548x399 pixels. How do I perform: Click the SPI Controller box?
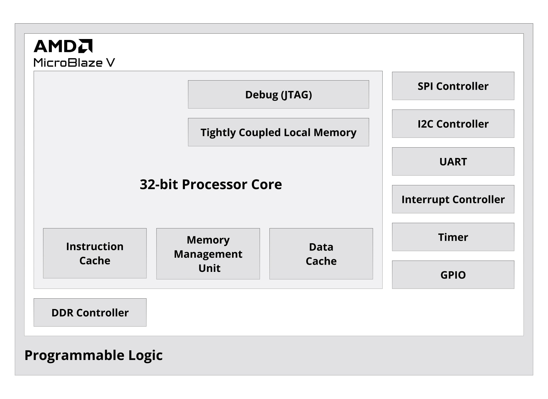click(x=453, y=86)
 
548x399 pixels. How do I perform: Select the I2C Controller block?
click(x=453, y=124)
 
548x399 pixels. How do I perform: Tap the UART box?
click(x=453, y=161)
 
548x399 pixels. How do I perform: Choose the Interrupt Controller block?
click(x=453, y=199)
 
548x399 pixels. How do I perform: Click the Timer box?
click(x=453, y=237)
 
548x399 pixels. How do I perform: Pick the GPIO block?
click(x=453, y=275)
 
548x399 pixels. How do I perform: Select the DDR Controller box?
click(x=90, y=312)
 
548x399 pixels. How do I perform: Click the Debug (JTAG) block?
click(x=278, y=94)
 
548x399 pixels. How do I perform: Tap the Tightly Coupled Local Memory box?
click(x=278, y=132)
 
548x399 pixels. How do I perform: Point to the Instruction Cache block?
click(x=95, y=253)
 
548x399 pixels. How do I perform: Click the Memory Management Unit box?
click(x=208, y=254)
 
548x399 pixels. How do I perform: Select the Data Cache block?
click(x=321, y=254)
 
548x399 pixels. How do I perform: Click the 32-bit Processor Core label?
click(x=211, y=184)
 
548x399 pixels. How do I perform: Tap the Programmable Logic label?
click(x=93, y=355)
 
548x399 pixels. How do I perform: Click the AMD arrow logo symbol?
click(x=85, y=46)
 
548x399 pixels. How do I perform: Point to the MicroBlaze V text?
click(x=74, y=63)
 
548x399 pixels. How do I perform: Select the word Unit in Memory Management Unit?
click(x=209, y=268)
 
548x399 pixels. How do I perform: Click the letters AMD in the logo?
click(x=55, y=46)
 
